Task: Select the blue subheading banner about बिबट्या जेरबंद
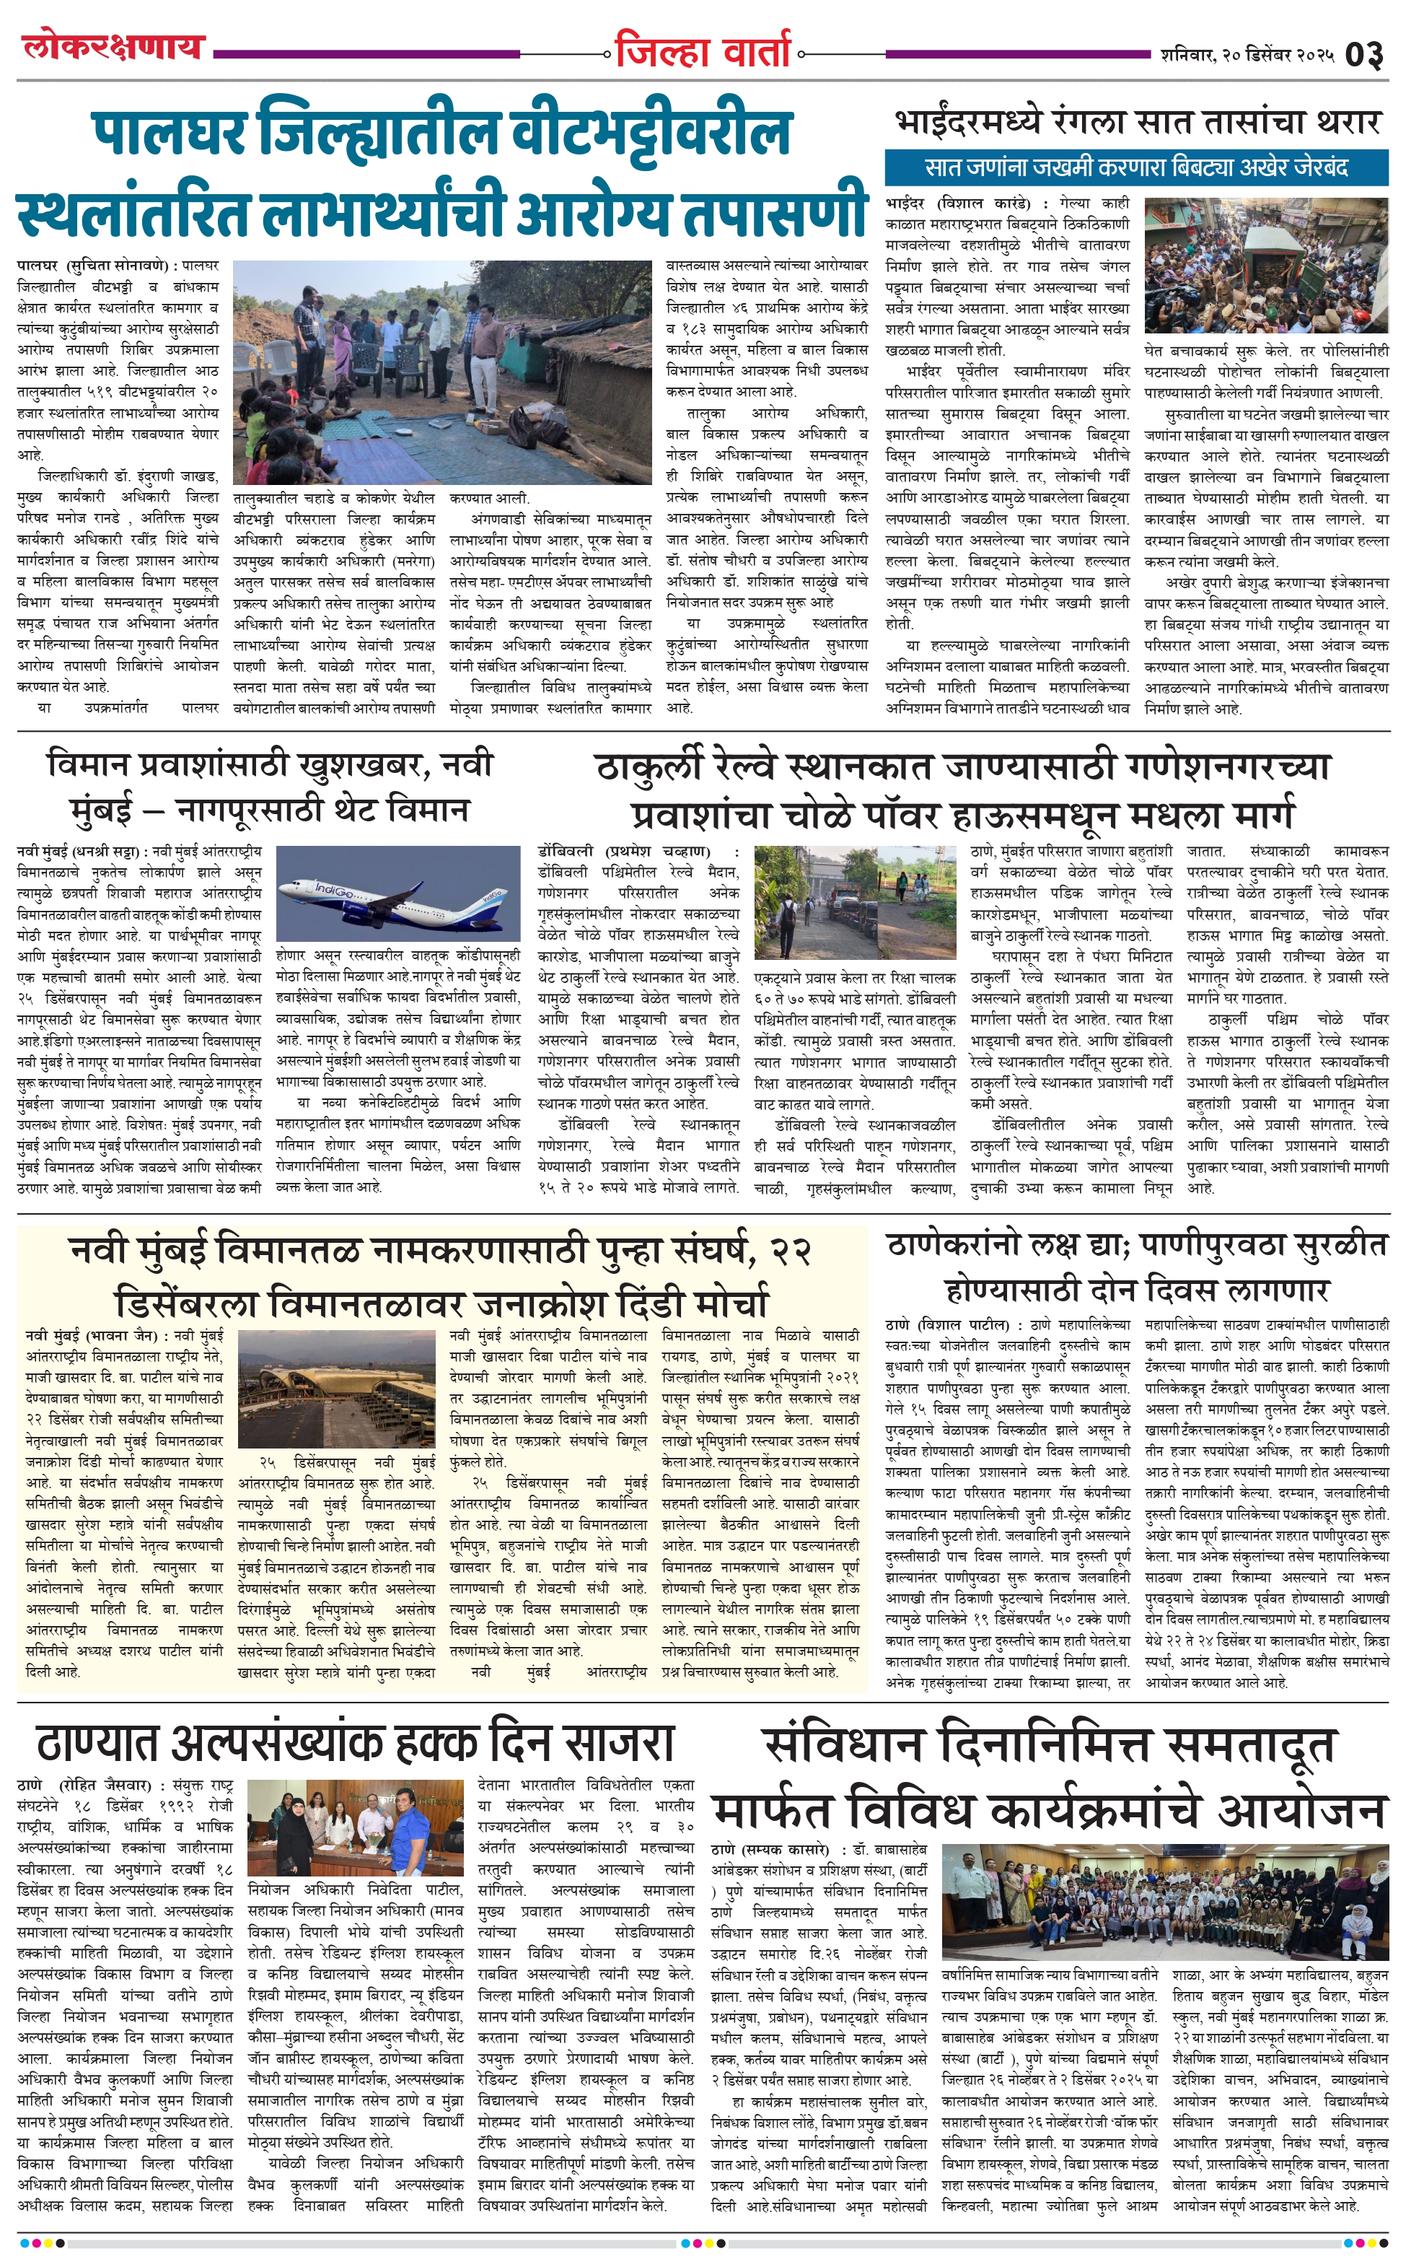click(1136, 168)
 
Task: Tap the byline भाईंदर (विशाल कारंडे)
click(958, 203)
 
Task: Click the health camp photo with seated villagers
click(443, 372)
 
